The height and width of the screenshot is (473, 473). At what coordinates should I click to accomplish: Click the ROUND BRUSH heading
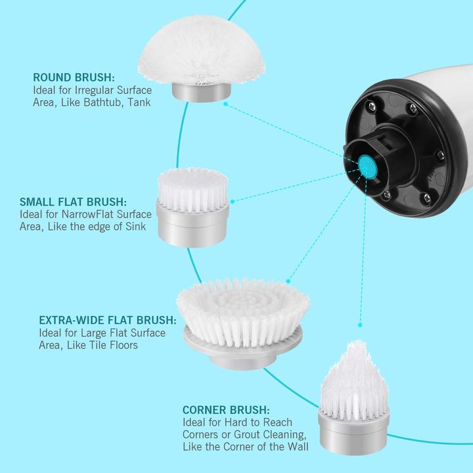coord(74,78)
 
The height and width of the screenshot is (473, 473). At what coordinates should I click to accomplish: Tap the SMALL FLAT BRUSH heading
coord(74,202)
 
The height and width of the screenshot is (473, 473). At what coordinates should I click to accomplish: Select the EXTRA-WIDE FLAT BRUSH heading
coord(108,320)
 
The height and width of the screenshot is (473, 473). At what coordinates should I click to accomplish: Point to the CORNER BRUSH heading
coord(226,410)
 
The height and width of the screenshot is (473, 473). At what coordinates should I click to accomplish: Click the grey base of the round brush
coord(202,93)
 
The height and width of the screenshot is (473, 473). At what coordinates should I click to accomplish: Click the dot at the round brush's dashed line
coord(225,104)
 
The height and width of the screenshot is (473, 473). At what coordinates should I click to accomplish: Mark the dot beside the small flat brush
coord(233,201)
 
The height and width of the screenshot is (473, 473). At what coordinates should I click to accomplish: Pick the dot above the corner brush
coord(359,325)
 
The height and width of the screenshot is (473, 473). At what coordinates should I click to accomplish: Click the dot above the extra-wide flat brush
coord(288,281)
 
